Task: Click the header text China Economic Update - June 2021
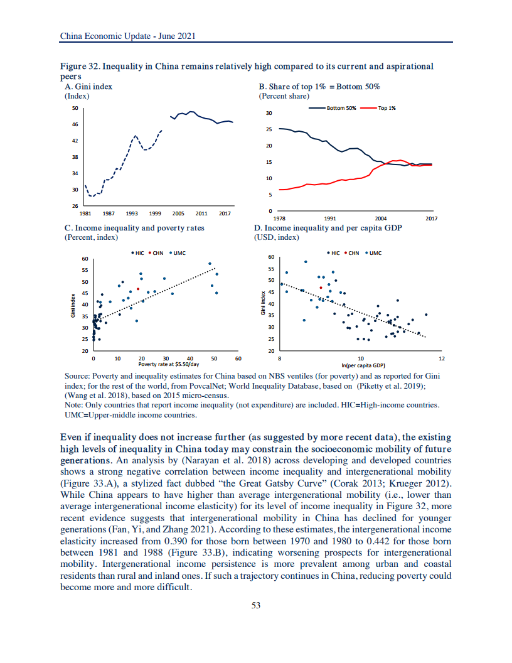click(127, 36)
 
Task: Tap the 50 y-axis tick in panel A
click(74, 108)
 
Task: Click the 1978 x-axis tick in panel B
click(280, 218)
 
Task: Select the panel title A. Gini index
click(88, 87)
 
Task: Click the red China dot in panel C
click(137, 289)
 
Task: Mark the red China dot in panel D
click(321, 288)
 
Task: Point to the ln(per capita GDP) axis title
click(363, 365)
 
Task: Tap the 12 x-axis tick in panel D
click(442, 358)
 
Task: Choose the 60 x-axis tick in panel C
click(238, 358)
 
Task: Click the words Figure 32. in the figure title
click(79, 67)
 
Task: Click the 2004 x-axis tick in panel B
click(379, 218)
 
